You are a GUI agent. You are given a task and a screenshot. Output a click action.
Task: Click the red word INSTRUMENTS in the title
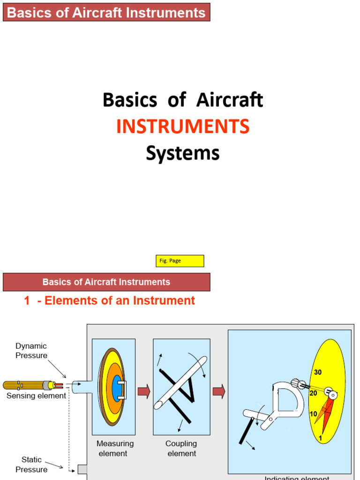pyautogui.click(x=183, y=127)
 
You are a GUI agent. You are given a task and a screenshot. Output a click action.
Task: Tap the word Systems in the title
pyautogui.click(x=183, y=153)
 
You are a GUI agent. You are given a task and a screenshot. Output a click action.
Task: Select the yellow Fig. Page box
pyautogui.click(x=180, y=261)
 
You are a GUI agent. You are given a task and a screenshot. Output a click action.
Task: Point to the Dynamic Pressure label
pyautogui.click(x=31, y=351)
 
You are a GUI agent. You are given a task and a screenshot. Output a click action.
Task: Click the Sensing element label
pyautogui.click(x=36, y=396)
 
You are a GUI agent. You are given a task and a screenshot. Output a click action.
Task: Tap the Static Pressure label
pyautogui.click(x=31, y=465)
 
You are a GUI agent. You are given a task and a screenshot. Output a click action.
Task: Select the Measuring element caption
pyautogui.click(x=115, y=448)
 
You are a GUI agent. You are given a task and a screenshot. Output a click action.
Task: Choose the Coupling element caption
pyautogui.click(x=181, y=448)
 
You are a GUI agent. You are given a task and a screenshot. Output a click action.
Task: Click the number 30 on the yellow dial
pyautogui.click(x=318, y=372)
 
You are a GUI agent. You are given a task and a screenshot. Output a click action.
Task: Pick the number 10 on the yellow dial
pyautogui.click(x=314, y=414)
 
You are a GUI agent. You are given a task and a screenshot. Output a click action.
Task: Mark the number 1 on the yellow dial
pyautogui.click(x=320, y=438)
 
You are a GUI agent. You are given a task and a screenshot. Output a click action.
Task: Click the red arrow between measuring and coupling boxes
pyautogui.click(x=144, y=391)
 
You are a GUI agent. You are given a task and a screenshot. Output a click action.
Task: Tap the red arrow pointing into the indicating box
pyautogui.click(x=219, y=391)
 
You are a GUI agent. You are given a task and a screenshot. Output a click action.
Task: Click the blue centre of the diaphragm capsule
pyautogui.click(x=117, y=388)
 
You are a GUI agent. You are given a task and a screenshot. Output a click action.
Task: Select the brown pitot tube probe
pyautogui.click(x=26, y=385)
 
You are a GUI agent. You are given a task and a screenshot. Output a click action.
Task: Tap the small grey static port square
pyautogui.click(x=82, y=469)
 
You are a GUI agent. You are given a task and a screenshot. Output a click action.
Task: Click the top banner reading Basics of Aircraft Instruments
pyautogui.click(x=106, y=12)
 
